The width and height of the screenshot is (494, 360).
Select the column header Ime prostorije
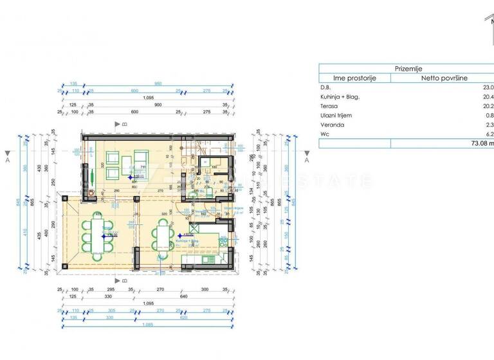point(355,78)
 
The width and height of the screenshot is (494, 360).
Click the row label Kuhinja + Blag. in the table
point(340,97)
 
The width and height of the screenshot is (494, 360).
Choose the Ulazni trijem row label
point(335,116)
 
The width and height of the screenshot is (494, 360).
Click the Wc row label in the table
point(324,134)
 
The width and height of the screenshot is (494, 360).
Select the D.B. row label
point(325,87)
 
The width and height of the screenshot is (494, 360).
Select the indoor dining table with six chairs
point(162,237)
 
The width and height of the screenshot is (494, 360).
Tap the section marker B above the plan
point(118,123)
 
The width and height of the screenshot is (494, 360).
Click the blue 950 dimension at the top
point(158,84)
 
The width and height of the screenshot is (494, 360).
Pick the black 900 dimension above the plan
point(158,105)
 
